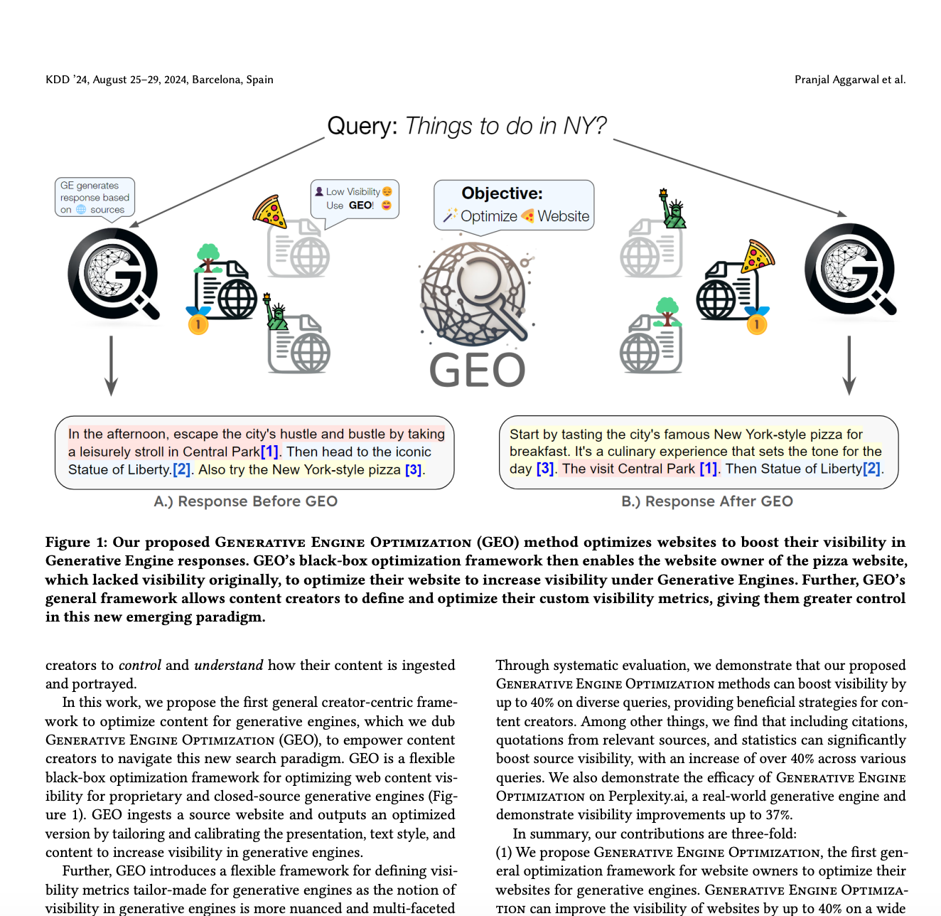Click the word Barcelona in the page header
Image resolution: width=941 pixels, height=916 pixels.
[x=216, y=80]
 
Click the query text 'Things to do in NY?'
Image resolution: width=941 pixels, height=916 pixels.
[x=505, y=126]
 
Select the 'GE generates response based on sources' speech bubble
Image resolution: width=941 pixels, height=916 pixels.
[x=95, y=197]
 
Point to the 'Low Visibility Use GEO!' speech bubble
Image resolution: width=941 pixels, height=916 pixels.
[x=355, y=198]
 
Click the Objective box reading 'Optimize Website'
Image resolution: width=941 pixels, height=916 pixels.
[x=514, y=205]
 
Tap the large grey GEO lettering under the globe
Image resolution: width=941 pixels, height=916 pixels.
[x=477, y=371]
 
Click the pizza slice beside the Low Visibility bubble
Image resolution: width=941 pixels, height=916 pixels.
[x=269, y=211]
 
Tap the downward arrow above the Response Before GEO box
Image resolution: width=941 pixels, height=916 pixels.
[x=111, y=366]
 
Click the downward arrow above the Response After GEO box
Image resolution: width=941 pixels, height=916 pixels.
[x=849, y=366]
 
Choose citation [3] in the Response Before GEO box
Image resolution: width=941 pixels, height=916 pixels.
[x=414, y=470]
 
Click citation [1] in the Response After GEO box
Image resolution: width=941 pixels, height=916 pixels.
[x=708, y=469]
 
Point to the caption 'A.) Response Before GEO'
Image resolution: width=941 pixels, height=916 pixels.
[x=246, y=501]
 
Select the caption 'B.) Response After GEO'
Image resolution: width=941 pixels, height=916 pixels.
[x=707, y=501]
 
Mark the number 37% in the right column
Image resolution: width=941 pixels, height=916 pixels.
[x=780, y=815]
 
